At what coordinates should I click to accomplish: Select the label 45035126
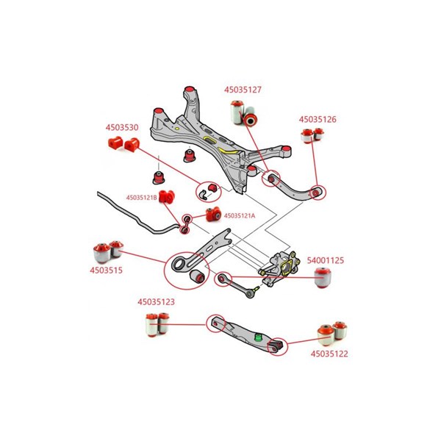coord(317,118)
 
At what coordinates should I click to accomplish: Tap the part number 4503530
coord(121,127)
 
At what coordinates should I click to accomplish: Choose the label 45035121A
coord(239,215)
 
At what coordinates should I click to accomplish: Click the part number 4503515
coord(106,270)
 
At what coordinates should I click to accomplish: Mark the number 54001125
coord(325,260)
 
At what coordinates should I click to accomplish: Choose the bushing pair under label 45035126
coord(314,135)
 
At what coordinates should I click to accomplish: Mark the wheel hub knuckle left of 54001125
coord(282,268)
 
